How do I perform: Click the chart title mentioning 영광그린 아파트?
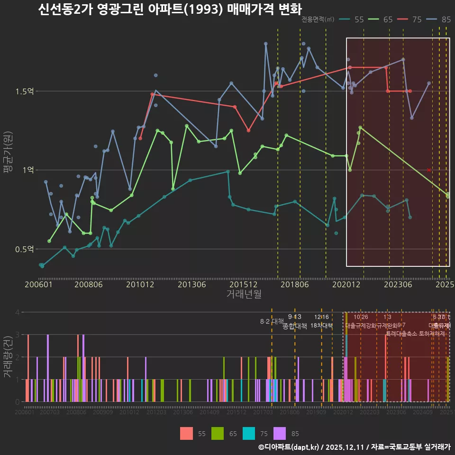click(169, 9)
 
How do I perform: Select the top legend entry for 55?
click(353, 19)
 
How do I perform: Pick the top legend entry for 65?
click(382, 19)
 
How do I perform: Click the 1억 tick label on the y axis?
click(27, 170)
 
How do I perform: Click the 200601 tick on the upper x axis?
click(38, 284)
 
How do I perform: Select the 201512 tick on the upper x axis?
click(243, 284)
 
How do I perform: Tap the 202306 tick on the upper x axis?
click(397, 284)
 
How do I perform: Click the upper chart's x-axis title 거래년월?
click(244, 294)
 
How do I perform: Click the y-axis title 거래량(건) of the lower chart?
click(8, 357)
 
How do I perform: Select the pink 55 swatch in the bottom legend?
click(186, 433)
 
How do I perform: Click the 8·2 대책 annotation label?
click(272, 321)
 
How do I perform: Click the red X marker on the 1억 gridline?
click(429, 170)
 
